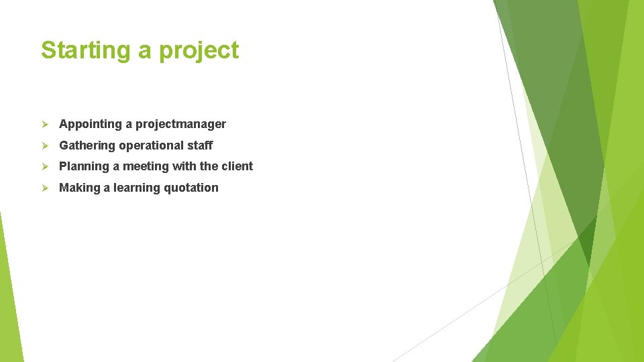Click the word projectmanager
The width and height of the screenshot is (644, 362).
(x=180, y=124)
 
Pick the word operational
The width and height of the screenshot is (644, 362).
(x=152, y=145)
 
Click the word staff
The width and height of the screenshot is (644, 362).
(x=200, y=145)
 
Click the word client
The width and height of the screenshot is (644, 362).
(x=237, y=166)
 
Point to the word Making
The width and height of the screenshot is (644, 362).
(x=79, y=188)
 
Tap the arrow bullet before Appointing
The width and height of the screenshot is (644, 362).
(x=45, y=124)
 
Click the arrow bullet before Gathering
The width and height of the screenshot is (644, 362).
(x=45, y=145)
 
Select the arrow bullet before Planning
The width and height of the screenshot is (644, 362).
(x=45, y=166)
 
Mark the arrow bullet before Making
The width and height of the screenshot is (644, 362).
(x=45, y=188)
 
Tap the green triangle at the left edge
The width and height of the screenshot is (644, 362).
(x=8, y=295)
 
